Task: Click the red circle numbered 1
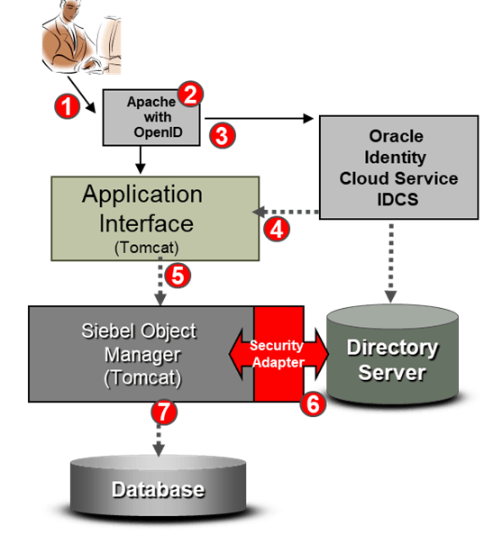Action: pos(67,106)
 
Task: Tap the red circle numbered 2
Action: pos(190,94)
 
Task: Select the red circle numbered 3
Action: pos(223,136)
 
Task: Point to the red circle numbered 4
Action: pos(277,230)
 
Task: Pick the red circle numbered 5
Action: pos(178,276)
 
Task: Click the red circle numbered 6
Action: pos(313,403)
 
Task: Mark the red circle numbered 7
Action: pos(164,412)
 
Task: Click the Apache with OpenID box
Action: pos(151,118)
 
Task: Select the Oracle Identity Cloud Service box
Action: pos(398,168)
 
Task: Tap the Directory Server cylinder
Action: pos(392,355)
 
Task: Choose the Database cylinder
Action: pos(159,485)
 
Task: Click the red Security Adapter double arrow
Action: pos(279,354)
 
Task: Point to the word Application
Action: pos(142,195)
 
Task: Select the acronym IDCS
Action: pos(397,199)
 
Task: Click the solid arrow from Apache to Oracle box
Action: pos(259,118)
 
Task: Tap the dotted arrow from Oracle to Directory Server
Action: pos(391,263)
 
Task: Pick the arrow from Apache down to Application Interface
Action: pos(141,159)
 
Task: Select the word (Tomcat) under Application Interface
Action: pos(147,248)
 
